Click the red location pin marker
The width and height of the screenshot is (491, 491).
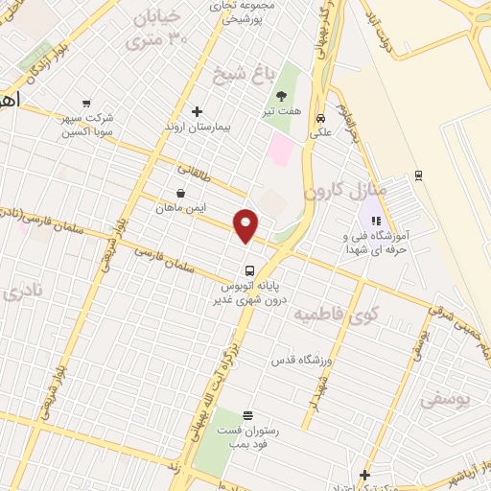pyautogui.click(x=247, y=224)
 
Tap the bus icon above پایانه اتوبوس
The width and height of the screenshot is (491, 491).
pyautogui.click(x=248, y=269)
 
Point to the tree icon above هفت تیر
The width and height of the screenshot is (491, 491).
pyautogui.click(x=282, y=95)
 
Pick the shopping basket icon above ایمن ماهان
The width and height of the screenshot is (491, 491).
pyautogui.click(x=179, y=192)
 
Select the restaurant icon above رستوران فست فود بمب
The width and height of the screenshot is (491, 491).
pyautogui.click(x=248, y=414)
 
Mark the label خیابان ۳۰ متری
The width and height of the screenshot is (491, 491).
pyautogui.click(x=159, y=29)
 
